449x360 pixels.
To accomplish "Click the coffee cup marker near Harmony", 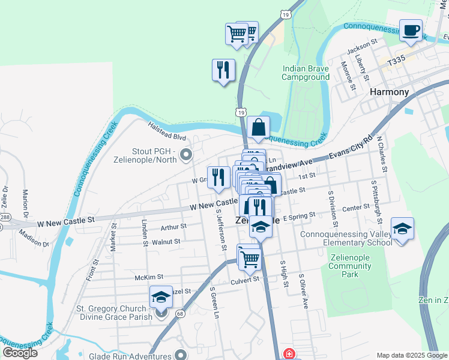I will (x=411, y=31).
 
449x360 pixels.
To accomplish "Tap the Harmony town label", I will (x=389, y=92).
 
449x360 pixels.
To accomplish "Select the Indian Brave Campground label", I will (x=306, y=73).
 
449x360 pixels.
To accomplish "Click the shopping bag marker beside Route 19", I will (x=258, y=127).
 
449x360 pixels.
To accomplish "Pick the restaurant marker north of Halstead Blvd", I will (x=223, y=70).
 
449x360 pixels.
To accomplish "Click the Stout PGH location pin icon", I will (x=185, y=156).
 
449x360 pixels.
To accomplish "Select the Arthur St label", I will (x=174, y=227).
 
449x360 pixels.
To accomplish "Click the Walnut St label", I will (x=166, y=241).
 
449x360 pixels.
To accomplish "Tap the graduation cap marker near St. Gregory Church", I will (x=161, y=297).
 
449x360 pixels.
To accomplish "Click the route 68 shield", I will (x=180, y=313).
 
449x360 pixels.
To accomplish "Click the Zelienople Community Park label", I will (x=349, y=265).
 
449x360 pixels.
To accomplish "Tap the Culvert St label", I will (x=245, y=280).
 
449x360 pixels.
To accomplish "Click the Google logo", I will (x=20, y=353).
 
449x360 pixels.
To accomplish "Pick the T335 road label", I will (x=397, y=61).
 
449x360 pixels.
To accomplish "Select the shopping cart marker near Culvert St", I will (x=250, y=259).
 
